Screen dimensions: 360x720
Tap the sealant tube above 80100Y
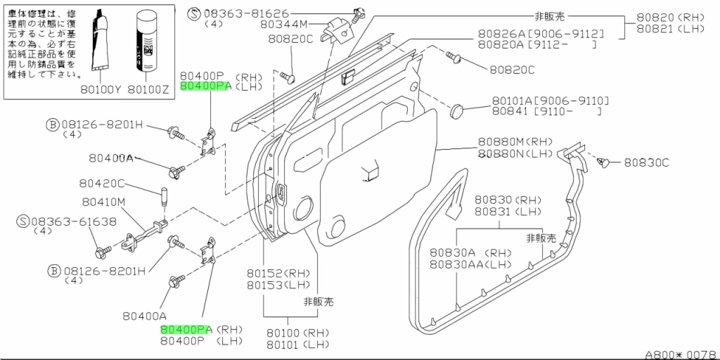(103, 39)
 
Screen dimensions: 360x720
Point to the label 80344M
(283, 23)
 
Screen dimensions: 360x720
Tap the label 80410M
(103, 202)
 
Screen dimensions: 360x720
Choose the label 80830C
(645, 162)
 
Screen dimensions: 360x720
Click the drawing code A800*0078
(681, 354)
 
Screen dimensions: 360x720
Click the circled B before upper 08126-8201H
(53, 125)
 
